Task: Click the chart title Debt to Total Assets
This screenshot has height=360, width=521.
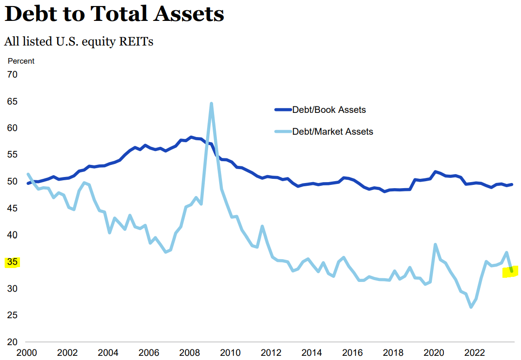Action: point(114,14)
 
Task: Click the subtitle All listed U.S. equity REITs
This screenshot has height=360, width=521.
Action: point(79,41)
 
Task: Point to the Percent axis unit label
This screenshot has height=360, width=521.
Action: point(21,61)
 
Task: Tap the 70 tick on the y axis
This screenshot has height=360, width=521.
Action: point(13,74)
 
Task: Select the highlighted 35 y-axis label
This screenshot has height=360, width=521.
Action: point(12,262)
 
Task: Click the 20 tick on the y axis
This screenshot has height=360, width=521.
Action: point(13,342)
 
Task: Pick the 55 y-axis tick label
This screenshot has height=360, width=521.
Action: point(13,155)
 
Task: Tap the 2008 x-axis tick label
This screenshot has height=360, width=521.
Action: point(190,352)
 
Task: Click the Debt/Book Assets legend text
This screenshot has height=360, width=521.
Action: point(329,110)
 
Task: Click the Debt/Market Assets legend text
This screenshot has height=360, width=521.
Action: point(332,131)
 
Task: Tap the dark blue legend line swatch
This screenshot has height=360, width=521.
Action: point(283,110)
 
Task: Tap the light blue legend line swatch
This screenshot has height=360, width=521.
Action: point(283,131)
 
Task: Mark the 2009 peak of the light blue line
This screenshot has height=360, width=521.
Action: point(211,104)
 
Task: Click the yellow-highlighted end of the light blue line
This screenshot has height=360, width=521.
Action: point(511,271)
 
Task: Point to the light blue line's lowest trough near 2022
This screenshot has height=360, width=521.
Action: point(471,307)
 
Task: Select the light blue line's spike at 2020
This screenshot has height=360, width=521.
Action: point(436,244)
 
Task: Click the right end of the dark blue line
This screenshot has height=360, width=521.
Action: point(511,184)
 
